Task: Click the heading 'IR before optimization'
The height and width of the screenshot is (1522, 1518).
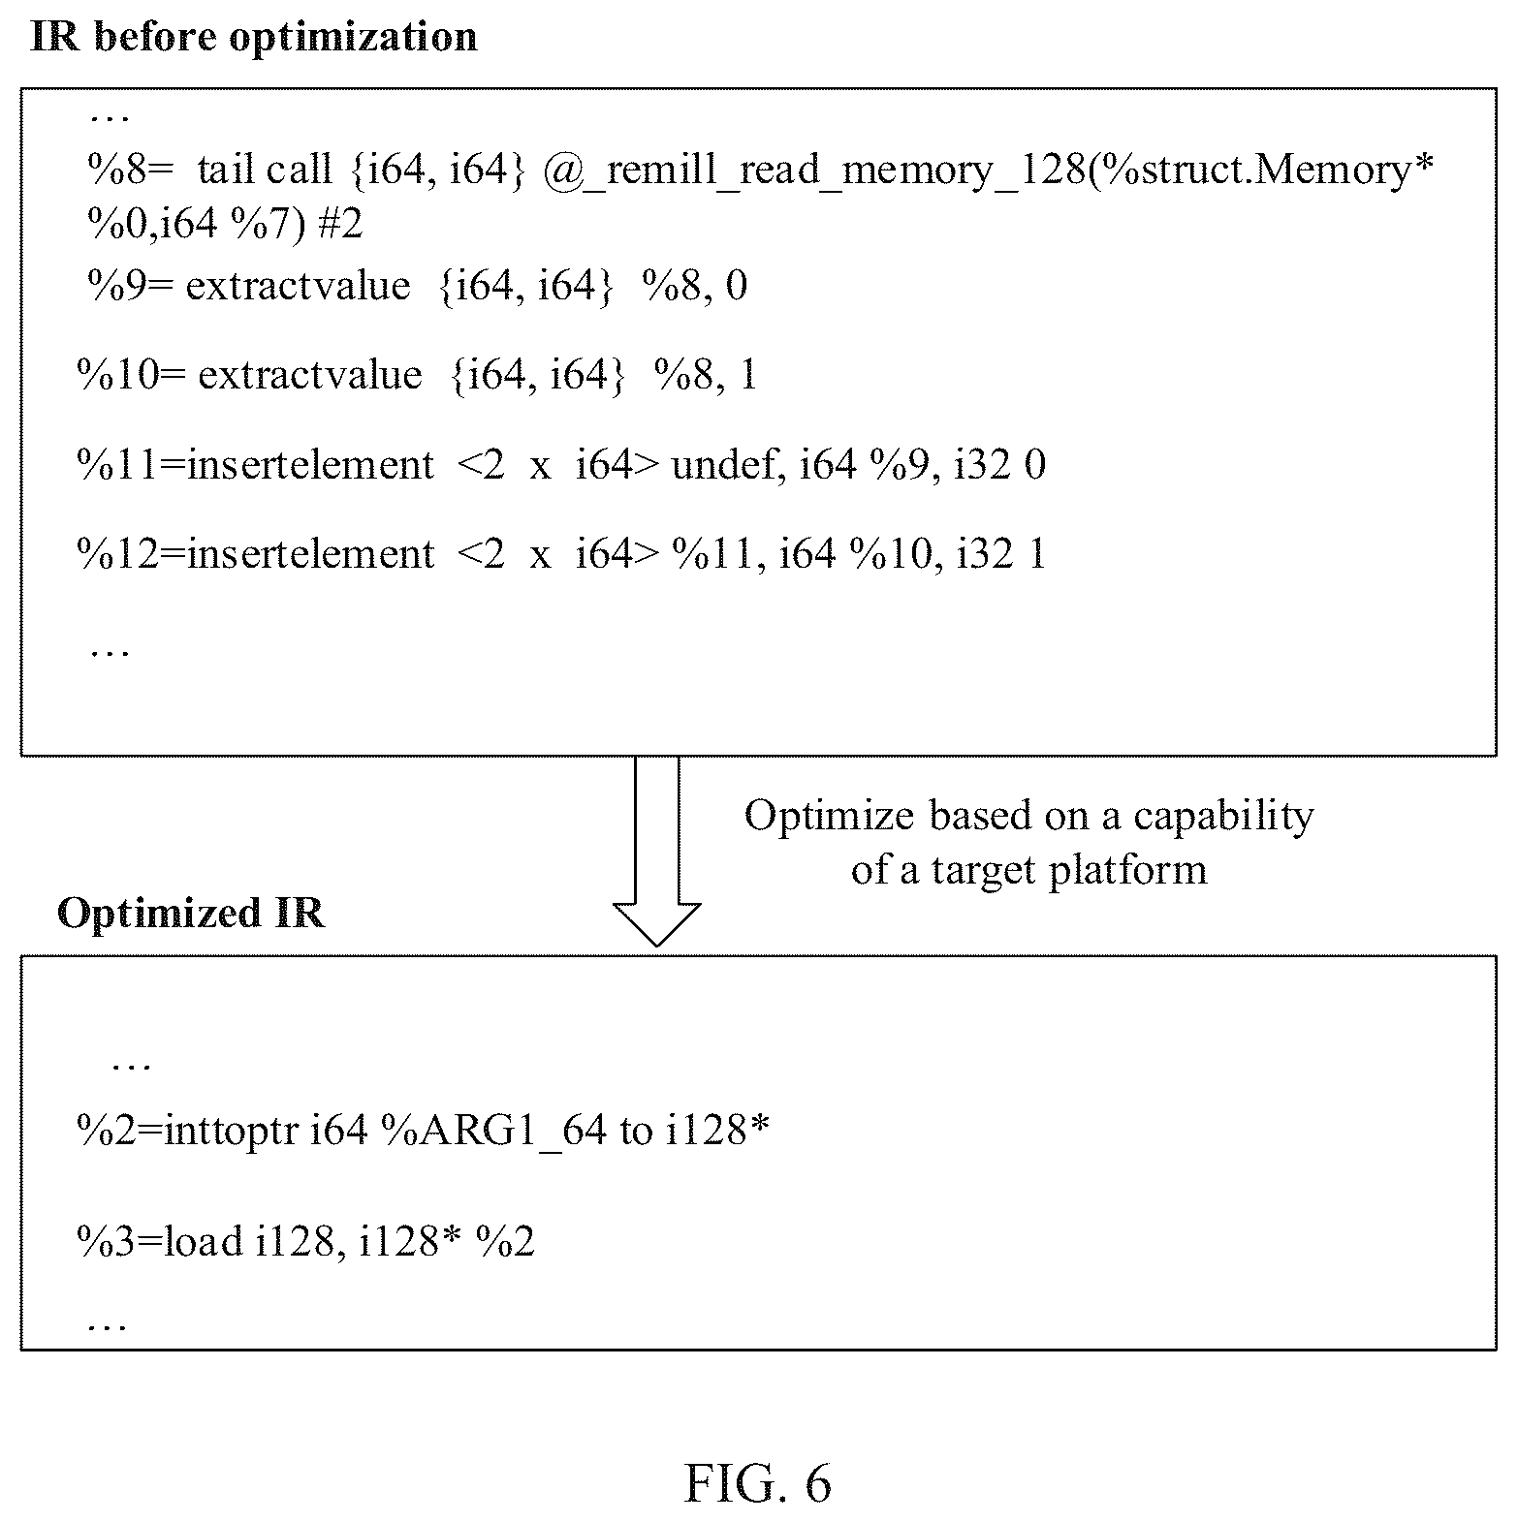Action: (254, 38)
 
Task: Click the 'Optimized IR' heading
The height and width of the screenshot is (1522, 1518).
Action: (191, 913)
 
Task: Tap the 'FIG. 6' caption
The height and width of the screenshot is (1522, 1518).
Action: (758, 1483)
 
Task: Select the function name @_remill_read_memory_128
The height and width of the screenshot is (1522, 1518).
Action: (814, 171)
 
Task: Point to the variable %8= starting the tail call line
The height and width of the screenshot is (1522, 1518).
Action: (131, 171)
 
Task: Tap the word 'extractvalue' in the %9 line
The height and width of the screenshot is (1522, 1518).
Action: (298, 287)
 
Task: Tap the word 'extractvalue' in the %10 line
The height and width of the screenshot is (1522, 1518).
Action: (310, 375)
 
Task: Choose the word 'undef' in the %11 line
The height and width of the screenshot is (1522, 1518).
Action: (727, 466)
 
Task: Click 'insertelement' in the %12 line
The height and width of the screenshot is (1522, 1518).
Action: (310, 554)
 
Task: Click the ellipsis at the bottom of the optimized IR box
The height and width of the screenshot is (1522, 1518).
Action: (107, 1325)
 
